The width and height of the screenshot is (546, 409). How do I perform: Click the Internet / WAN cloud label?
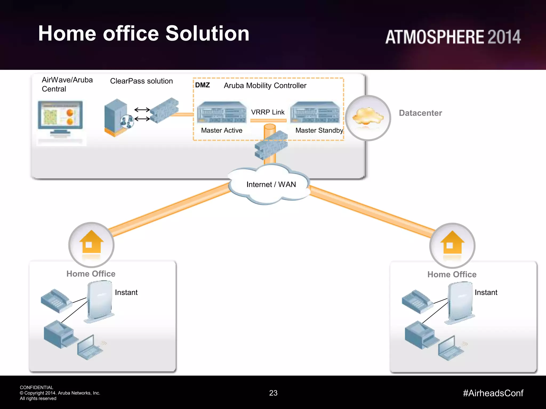click(x=271, y=185)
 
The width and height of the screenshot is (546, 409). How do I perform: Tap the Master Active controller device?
click(x=222, y=112)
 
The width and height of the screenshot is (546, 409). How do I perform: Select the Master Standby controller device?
click(x=315, y=112)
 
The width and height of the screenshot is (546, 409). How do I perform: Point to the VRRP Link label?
click(x=268, y=112)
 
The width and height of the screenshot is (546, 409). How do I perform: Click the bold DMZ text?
click(x=202, y=85)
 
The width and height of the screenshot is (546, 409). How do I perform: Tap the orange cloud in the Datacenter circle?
click(x=368, y=116)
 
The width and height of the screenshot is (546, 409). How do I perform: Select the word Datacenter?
click(x=420, y=113)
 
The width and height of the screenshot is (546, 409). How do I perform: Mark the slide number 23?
click(x=273, y=393)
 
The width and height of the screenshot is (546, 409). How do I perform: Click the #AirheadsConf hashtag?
click(x=493, y=393)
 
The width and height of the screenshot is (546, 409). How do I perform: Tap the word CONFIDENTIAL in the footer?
click(x=37, y=387)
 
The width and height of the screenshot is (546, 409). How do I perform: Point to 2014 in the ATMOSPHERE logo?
click(x=504, y=37)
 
